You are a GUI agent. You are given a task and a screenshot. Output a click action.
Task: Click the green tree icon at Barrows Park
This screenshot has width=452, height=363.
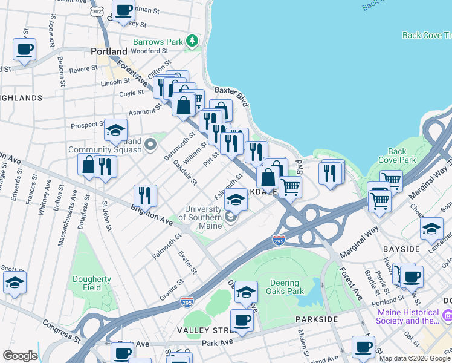[192, 41]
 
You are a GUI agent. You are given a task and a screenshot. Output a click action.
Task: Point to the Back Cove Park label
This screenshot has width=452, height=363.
[397, 155]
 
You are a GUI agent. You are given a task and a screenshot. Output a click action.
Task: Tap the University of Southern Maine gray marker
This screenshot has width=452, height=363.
[230, 216]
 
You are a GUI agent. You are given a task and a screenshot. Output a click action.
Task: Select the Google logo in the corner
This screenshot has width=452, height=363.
[19, 356]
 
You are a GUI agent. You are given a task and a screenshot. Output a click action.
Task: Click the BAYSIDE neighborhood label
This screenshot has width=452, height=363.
[401, 249]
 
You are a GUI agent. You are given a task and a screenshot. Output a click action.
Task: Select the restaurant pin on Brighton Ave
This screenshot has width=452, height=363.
[145, 195]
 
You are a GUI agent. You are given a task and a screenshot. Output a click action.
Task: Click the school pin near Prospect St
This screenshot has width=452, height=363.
[115, 129]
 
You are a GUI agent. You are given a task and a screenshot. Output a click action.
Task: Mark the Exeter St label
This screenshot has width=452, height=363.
[187, 262]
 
